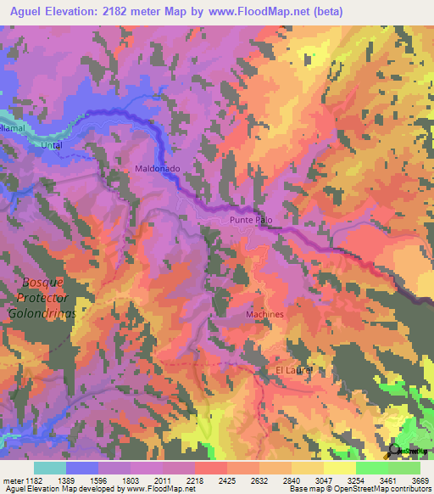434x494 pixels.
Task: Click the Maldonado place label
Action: pos(157,169)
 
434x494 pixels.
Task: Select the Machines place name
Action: pos(264,314)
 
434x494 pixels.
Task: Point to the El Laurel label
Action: pos(295,371)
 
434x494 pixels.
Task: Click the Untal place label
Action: pos(53,145)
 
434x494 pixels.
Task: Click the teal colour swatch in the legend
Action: pos(50,468)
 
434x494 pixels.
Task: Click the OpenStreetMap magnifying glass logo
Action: pos(395,451)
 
